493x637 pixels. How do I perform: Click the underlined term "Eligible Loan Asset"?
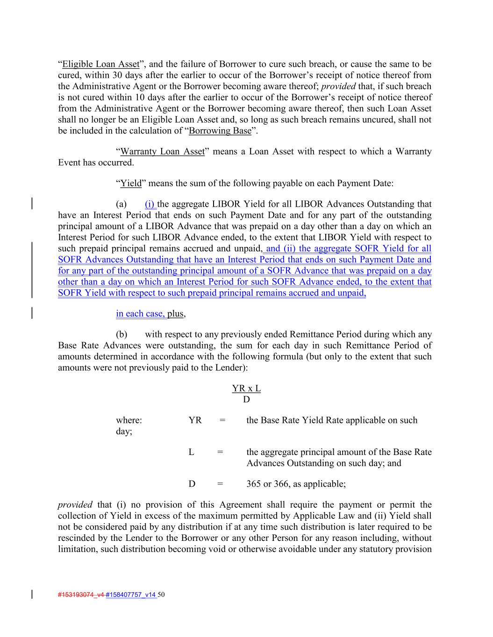tap(101, 64)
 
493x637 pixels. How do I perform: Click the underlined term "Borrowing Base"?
tap(220, 131)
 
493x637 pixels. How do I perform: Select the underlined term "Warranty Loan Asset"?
tap(162, 152)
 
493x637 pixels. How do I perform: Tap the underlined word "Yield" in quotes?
tap(131, 183)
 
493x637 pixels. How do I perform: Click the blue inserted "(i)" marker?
tap(150, 204)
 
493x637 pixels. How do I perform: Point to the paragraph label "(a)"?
tap(121, 204)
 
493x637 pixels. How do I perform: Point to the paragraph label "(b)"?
tap(121, 334)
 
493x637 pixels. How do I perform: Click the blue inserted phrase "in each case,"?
tap(141, 314)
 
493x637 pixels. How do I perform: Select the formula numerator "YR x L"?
tap(246, 388)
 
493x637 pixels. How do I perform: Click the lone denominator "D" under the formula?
tap(246, 399)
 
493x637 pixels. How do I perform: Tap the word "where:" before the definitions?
tap(129, 420)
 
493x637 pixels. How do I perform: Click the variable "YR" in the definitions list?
tap(195, 420)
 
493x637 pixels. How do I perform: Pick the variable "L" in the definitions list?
tap(191, 452)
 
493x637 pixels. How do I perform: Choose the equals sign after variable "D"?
tap(220, 484)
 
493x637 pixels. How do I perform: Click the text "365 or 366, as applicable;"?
tap(296, 484)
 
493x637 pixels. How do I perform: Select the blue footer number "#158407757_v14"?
tap(131, 595)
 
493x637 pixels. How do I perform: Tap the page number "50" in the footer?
tap(162, 595)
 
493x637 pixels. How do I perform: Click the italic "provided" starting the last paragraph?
tap(75, 505)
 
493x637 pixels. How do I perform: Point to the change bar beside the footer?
tap(32, 595)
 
